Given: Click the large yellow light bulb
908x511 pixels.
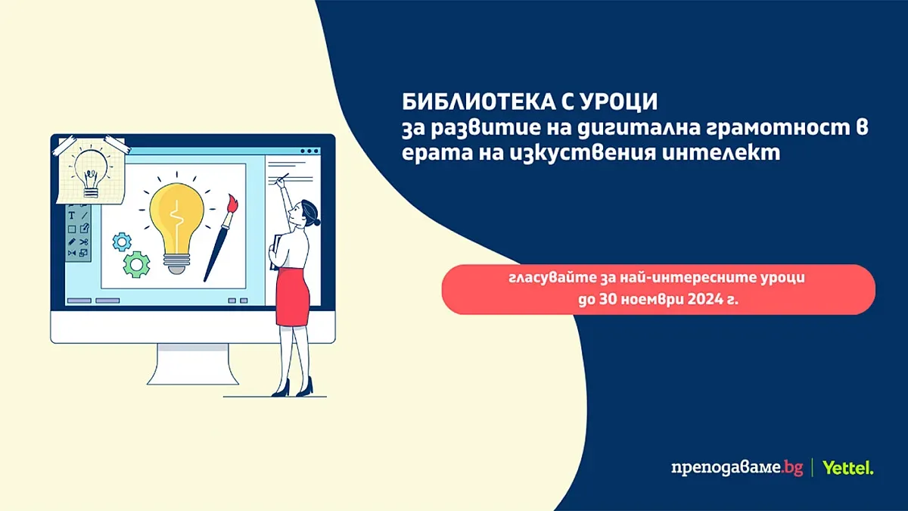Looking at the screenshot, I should click(x=177, y=220).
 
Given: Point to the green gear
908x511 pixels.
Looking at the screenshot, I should click(x=137, y=263).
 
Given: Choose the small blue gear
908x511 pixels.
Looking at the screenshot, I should click(x=122, y=241).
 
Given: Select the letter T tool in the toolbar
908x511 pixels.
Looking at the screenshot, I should click(x=72, y=216).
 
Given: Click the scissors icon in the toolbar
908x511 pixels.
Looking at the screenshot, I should click(x=84, y=241).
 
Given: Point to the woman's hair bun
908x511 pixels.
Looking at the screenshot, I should click(x=316, y=222).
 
